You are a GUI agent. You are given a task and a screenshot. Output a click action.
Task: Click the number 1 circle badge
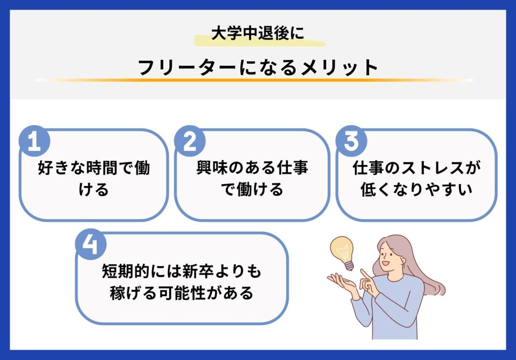coord(34,143)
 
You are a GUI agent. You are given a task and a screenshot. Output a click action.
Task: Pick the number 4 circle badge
coord(91,246)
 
